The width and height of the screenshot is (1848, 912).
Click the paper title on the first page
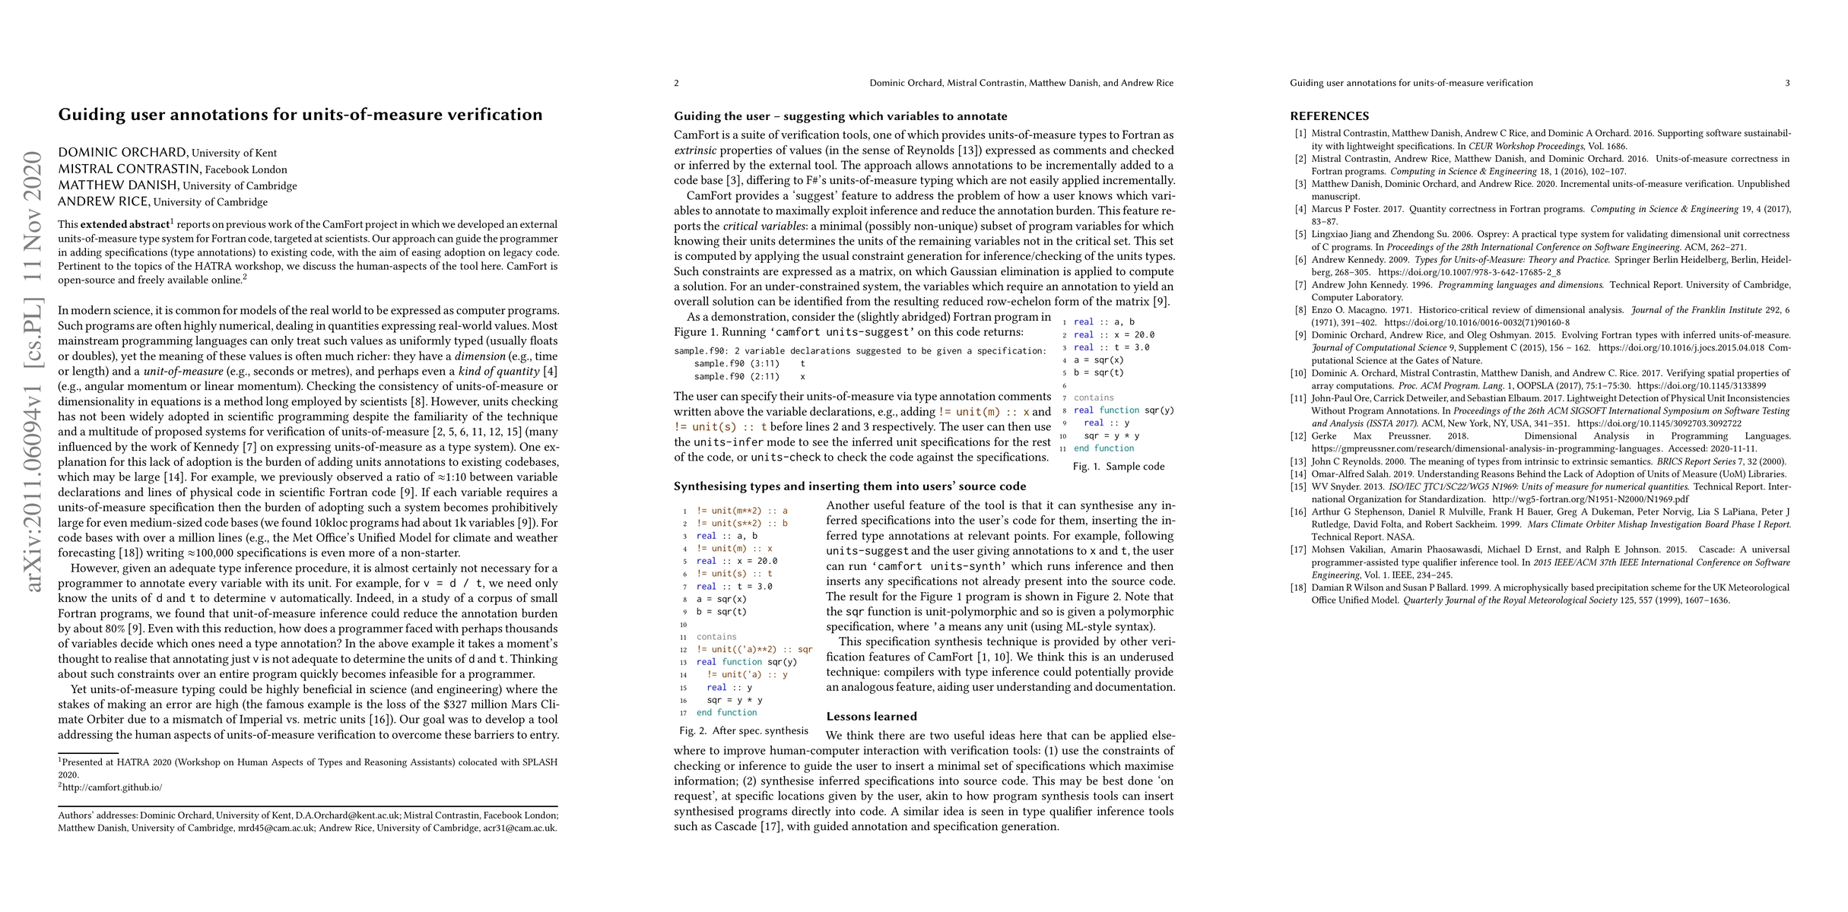click(300, 115)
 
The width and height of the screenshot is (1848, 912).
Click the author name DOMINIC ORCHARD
click(122, 152)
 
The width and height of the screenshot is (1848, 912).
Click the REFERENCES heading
click(1329, 116)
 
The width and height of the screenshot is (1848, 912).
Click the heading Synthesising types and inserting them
click(849, 486)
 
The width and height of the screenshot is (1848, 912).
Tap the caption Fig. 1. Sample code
click(1119, 467)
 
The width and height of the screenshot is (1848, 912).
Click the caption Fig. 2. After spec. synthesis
click(744, 731)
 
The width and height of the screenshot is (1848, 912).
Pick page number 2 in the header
click(676, 83)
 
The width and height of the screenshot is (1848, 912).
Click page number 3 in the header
click(1787, 83)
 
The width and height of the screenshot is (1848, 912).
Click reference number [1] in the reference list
click(1301, 134)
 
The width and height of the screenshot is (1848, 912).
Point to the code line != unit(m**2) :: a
click(741, 511)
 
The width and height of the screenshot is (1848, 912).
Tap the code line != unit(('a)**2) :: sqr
click(754, 650)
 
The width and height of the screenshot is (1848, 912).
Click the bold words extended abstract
click(125, 225)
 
